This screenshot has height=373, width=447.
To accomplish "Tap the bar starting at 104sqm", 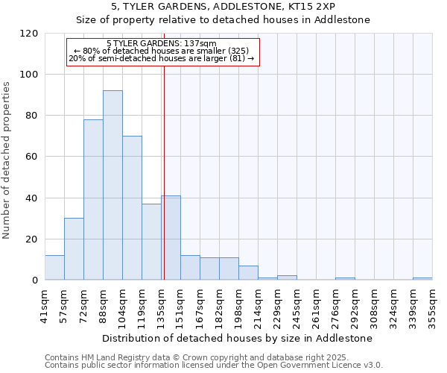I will tap(132, 208).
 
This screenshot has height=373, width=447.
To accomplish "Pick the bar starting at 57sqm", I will tap(74, 249).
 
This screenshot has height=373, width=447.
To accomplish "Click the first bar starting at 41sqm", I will tap(54, 268).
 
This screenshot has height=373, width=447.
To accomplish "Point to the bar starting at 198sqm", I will tap(248, 273).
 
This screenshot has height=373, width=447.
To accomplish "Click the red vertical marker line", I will tap(163, 186).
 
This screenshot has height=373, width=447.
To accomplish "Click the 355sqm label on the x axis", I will tap(432, 303).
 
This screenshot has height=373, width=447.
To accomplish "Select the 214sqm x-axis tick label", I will tap(258, 303).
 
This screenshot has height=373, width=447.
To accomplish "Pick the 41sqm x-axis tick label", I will tap(45, 303).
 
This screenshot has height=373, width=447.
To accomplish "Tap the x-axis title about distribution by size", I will tap(237, 338).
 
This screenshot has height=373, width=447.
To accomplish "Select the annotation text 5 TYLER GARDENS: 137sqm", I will tap(162, 44).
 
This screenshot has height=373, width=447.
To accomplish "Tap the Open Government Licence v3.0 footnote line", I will tap(214, 366).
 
